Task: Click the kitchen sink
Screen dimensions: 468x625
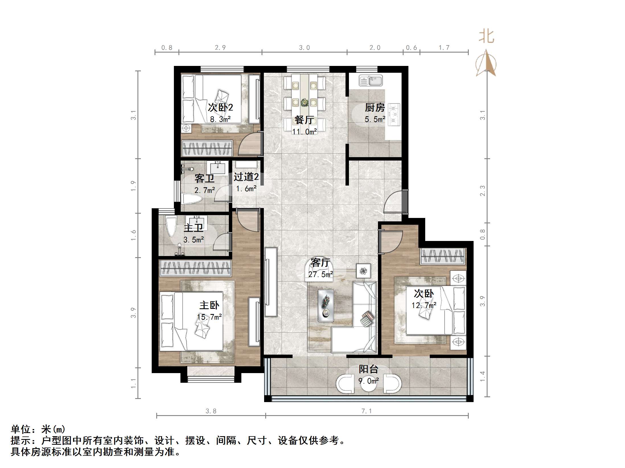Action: (371, 81)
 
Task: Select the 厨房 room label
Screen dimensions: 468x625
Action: (375, 108)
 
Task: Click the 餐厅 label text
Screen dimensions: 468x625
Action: (304, 120)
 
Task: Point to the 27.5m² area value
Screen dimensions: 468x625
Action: (320, 274)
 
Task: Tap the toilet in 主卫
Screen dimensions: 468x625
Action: (171, 226)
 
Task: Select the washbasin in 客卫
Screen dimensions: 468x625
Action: (217, 168)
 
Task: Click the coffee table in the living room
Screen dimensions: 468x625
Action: (326, 305)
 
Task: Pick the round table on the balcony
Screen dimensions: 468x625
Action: (369, 384)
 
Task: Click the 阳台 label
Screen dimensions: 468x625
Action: (368, 369)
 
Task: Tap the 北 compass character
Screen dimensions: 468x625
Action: (486, 37)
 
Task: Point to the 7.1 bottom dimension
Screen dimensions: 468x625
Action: (367, 411)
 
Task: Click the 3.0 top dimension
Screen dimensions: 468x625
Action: (304, 48)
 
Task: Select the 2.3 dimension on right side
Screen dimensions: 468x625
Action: (482, 191)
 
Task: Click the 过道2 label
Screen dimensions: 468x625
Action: (246, 177)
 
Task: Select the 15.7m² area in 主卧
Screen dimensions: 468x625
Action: (209, 317)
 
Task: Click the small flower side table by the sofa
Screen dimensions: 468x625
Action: (363, 271)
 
